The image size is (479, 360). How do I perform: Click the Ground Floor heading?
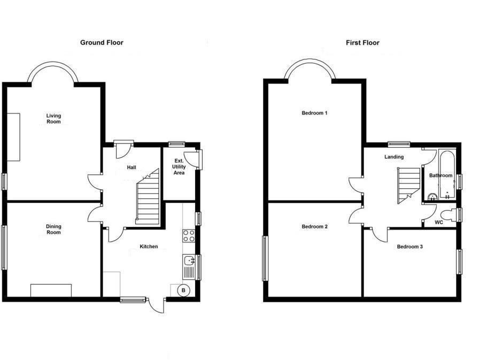coord(102,42)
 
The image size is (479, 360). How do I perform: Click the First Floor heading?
coord(362,42)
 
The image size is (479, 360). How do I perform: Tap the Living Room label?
coord(53,119)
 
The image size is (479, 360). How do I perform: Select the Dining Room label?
coord(53,229)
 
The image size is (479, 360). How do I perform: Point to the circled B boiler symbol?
coord(183,290)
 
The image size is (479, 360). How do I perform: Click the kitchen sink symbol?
coord(189,261)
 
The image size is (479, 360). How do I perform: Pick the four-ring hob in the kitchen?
coord(189,236)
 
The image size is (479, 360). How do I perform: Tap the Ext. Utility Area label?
coord(179,167)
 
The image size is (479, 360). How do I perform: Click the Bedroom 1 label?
coord(314,113)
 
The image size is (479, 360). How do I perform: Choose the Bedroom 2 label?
coord(314,227)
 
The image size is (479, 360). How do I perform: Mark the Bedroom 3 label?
coord(410,247)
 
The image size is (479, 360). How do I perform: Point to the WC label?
coord(439,222)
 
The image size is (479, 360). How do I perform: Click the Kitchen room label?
coord(149,247)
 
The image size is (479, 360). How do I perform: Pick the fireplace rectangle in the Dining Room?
coord(51,290)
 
